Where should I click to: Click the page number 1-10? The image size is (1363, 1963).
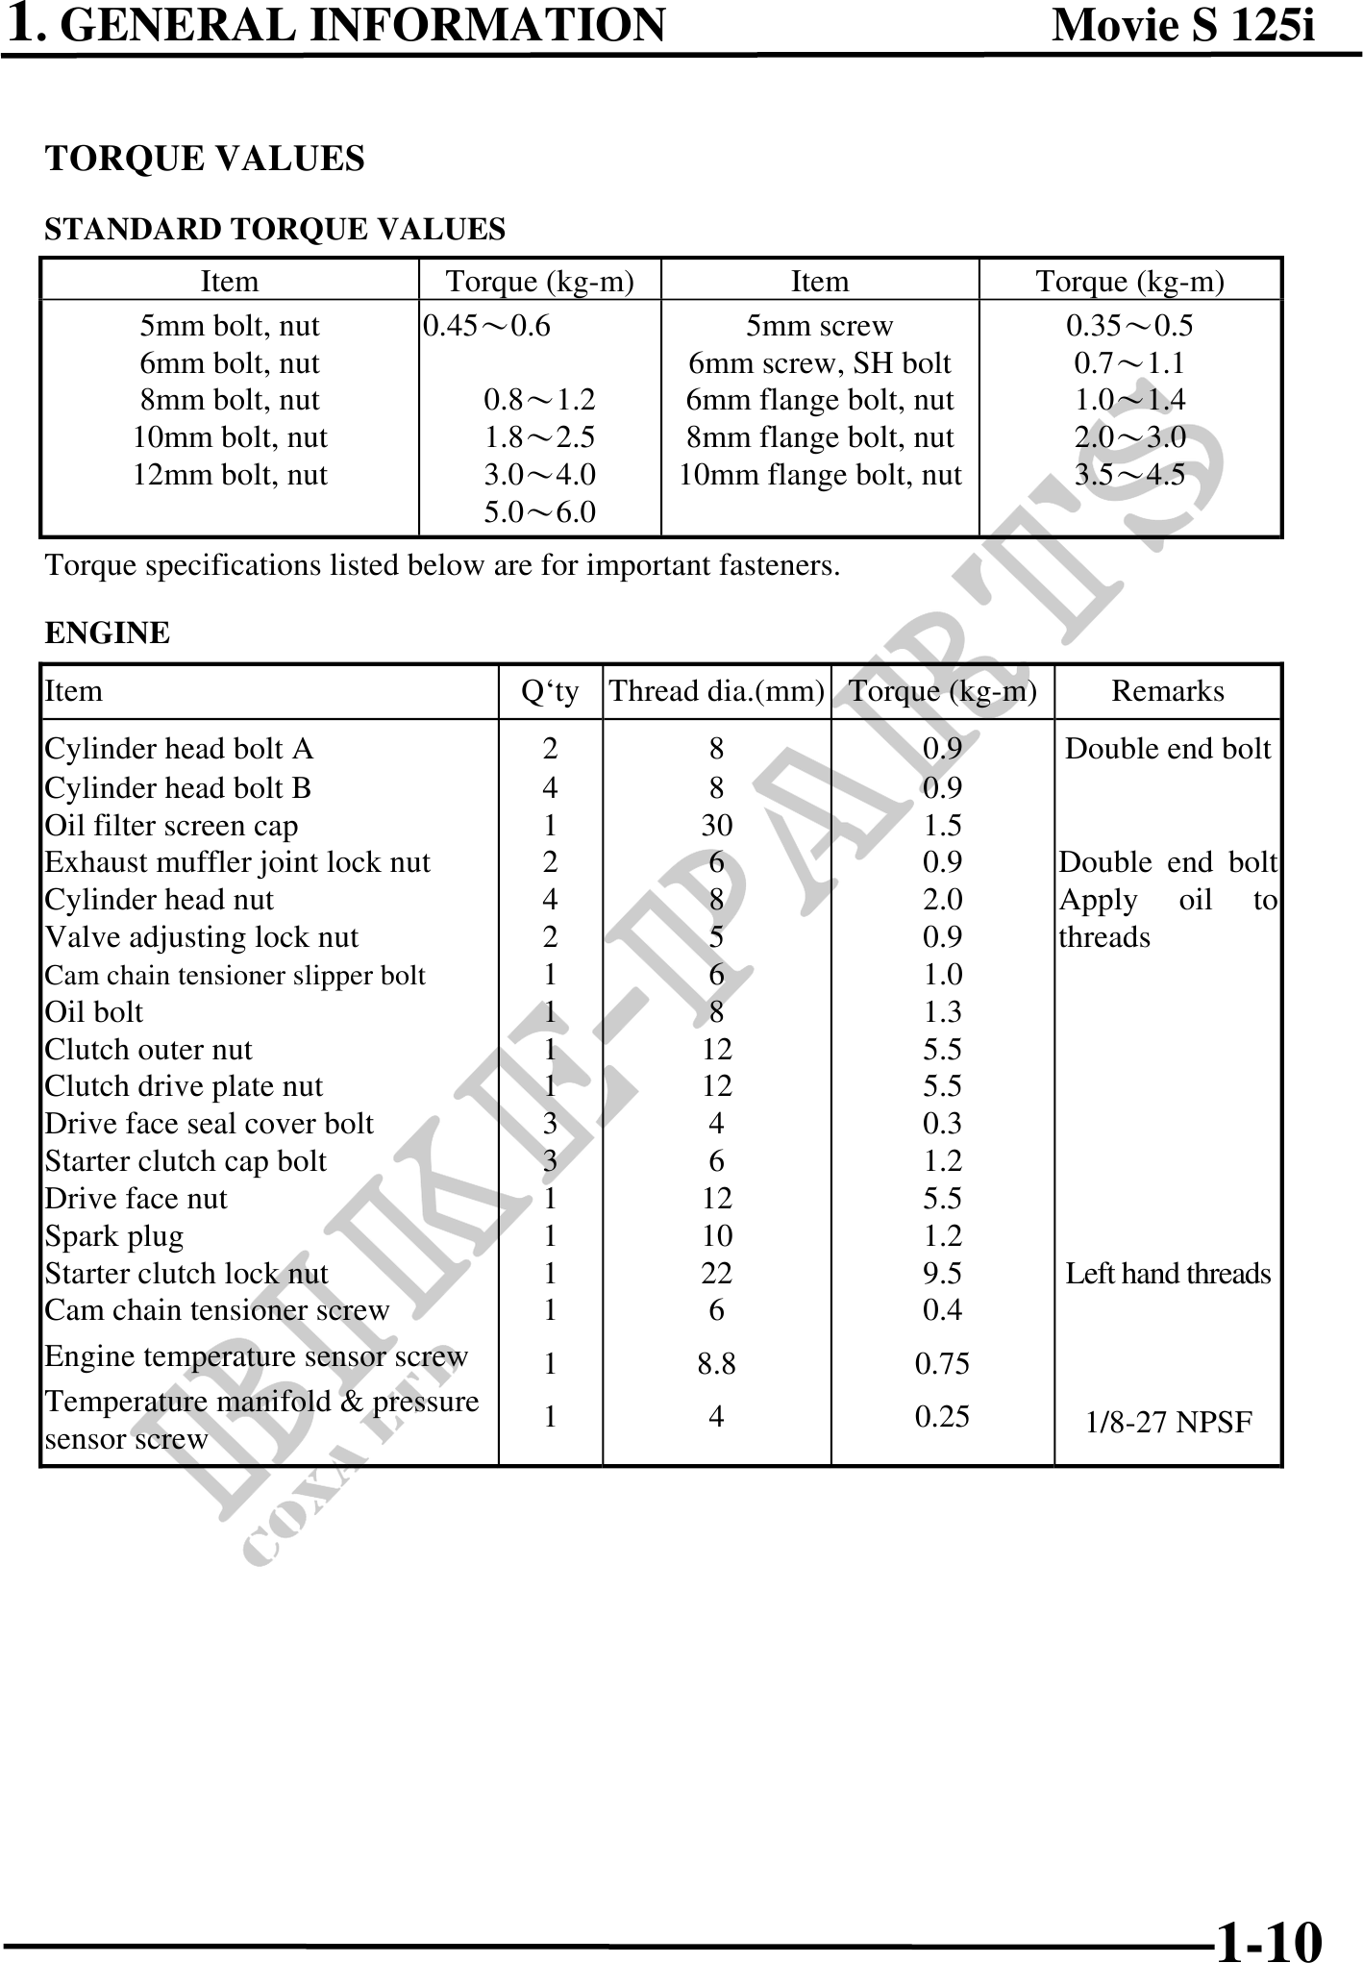1269,1936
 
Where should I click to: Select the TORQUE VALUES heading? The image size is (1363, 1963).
205,159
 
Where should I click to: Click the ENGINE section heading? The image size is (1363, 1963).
108,633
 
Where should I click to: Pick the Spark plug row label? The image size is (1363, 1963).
114,1236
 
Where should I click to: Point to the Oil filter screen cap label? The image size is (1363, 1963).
171,826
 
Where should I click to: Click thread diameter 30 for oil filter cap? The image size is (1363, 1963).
716,826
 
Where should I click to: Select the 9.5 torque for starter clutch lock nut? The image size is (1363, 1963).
942,1274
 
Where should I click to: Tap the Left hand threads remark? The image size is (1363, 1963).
1168,1274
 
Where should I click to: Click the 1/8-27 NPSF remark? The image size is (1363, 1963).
1168,1423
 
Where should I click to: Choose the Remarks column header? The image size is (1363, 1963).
1168,691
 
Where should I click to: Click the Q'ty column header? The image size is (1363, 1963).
550,691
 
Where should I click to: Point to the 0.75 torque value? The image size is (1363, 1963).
942,1363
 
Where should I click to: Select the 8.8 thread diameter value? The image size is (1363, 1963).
716,1363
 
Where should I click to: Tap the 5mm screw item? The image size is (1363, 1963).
820,326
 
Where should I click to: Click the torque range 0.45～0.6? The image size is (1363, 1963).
487,326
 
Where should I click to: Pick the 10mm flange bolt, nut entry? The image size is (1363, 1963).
820,475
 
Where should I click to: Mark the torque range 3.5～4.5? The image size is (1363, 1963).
1129,475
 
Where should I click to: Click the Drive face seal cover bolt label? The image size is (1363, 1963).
209,1124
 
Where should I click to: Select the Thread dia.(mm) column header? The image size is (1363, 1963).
716,691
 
